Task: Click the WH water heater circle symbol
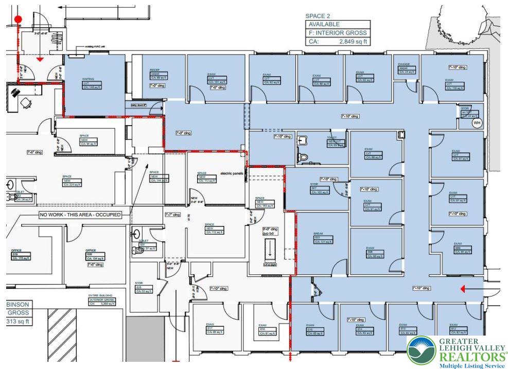pos(477,123)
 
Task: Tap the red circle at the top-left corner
pos(19,20)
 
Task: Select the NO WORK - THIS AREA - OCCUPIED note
pos(80,214)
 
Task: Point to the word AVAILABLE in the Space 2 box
pos(324,24)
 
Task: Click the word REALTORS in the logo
pos(471,357)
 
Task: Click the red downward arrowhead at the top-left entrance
pos(40,59)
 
